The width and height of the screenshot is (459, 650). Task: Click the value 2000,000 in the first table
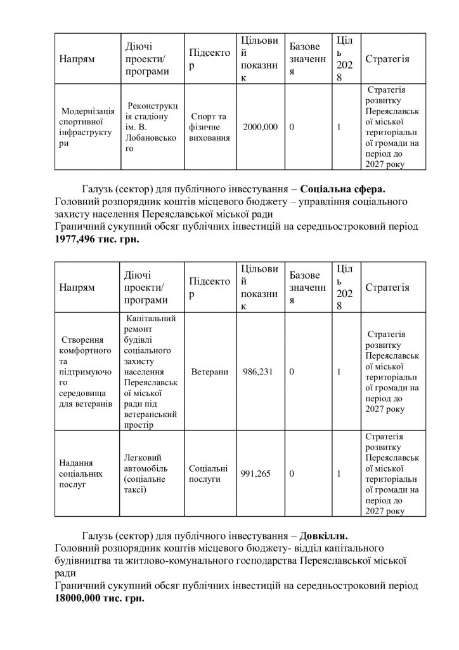coord(261,127)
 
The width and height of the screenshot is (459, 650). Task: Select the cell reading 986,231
coord(257,371)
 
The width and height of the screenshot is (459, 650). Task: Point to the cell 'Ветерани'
coord(209,371)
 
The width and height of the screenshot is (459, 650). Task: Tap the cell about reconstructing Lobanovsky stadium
coord(150,127)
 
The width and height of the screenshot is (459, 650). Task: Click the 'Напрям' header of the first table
coord(77,59)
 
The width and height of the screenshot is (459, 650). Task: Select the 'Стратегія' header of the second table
coord(387,287)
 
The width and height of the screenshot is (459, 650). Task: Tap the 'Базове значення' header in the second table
coord(307,287)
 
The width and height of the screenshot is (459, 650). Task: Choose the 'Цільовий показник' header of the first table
coord(260,59)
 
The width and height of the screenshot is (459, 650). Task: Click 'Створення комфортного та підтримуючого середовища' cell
coord(85,371)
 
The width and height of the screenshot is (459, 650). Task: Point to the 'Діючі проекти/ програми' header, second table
coord(146,287)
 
